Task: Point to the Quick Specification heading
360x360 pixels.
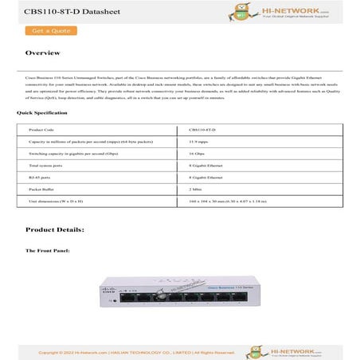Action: coord(37,113)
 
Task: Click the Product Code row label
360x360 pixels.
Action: coord(41,128)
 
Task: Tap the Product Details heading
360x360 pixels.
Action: coord(55,229)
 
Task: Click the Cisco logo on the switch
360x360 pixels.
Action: coord(115,292)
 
